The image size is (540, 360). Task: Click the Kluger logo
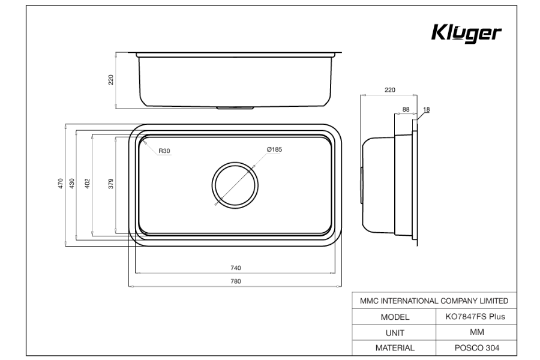(x=466, y=34)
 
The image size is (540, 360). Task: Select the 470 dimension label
(x=60, y=183)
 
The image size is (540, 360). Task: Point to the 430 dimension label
(x=71, y=183)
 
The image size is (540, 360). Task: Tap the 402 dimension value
(x=88, y=183)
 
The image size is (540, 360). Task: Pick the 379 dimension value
(x=110, y=183)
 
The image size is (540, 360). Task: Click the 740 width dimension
(x=235, y=268)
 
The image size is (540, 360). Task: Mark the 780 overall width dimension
(x=235, y=281)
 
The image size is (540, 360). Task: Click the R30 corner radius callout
(x=164, y=151)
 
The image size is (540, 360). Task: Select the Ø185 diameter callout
(x=274, y=150)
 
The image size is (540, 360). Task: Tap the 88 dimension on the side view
(x=406, y=109)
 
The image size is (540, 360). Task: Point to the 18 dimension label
(x=427, y=110)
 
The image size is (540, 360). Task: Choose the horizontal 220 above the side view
(x=389, y=90)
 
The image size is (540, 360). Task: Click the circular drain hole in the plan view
(x=235, y=185)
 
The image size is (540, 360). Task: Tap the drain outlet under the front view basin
(x=235, y=107)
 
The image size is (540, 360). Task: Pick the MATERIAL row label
(x=394, y=347)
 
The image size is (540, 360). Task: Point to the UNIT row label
(x=394, y=332)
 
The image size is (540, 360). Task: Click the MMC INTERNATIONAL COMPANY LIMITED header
(x=433, y=301)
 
